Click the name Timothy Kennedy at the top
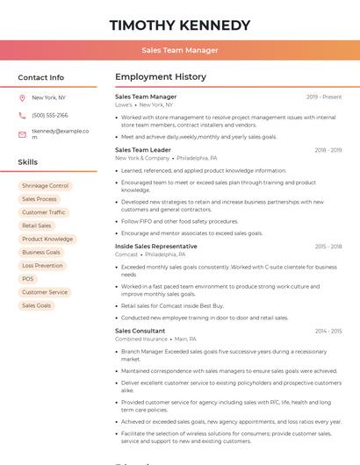[180, 25]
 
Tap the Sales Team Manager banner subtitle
[180, 50]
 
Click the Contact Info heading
[41, 77]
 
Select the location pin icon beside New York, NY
[22, 98]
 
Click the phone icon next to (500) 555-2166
[22, 115]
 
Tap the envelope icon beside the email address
[22, 134]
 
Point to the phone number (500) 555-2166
[50, 115]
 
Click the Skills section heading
[28, 162]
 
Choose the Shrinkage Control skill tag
[45, 186]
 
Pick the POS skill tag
[28, 279]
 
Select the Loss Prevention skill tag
[42, 266]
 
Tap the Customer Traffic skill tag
[44, 212]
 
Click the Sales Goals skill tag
[36, 305]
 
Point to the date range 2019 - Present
[324, 97]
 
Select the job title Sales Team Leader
[143, 150]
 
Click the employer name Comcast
[126, 254]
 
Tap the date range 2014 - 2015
[328, 331]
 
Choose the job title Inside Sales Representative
[156, 247]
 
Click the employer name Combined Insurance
[141, 339]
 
